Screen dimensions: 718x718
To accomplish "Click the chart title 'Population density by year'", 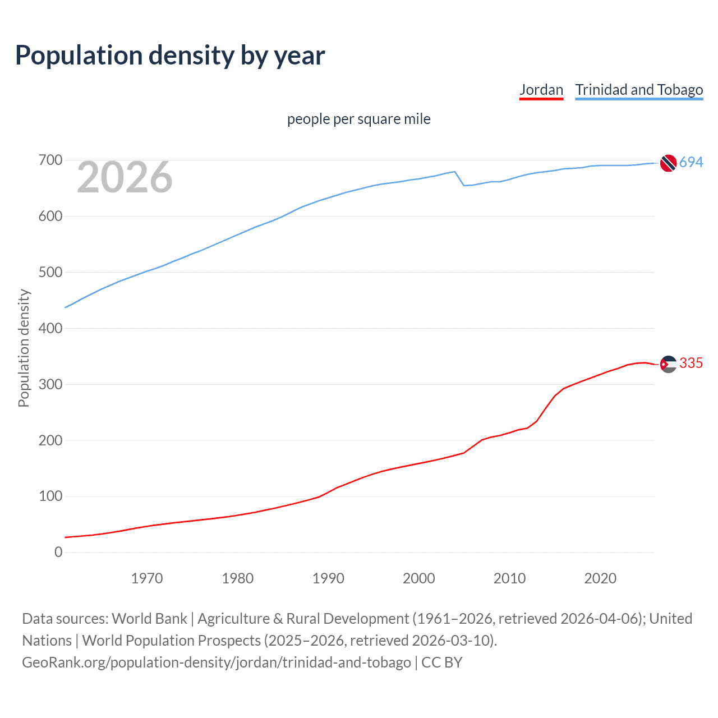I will (170, 56).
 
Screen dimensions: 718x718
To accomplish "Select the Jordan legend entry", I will (541, 90).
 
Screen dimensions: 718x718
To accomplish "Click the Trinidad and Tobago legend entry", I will (639, 90).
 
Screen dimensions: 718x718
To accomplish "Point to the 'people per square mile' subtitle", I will (358, 119).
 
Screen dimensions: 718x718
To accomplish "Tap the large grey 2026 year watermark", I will (125, 177).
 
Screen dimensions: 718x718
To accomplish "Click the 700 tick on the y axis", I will (50, 160).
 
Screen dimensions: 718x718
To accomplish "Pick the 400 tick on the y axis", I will (50, 328).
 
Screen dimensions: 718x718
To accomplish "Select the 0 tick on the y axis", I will (58, 552).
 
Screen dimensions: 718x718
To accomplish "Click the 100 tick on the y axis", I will (50, 496).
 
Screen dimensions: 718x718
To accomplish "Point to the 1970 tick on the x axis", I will (147, 578).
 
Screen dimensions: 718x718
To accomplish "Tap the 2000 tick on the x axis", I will (418, 578).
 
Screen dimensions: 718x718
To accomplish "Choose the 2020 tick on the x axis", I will (600, 578).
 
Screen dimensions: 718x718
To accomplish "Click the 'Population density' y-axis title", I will (24, 348).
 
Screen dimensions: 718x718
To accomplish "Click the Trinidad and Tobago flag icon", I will (668, 163).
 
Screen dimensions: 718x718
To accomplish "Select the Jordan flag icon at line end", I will (668, 364).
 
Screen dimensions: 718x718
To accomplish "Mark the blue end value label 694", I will (691, 162).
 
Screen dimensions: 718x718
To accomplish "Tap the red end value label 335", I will (691, 363).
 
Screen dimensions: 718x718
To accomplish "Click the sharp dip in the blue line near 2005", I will (464, 185).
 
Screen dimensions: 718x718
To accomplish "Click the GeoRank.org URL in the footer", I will (217, 662).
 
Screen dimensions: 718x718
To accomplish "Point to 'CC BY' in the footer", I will (442, 662).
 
